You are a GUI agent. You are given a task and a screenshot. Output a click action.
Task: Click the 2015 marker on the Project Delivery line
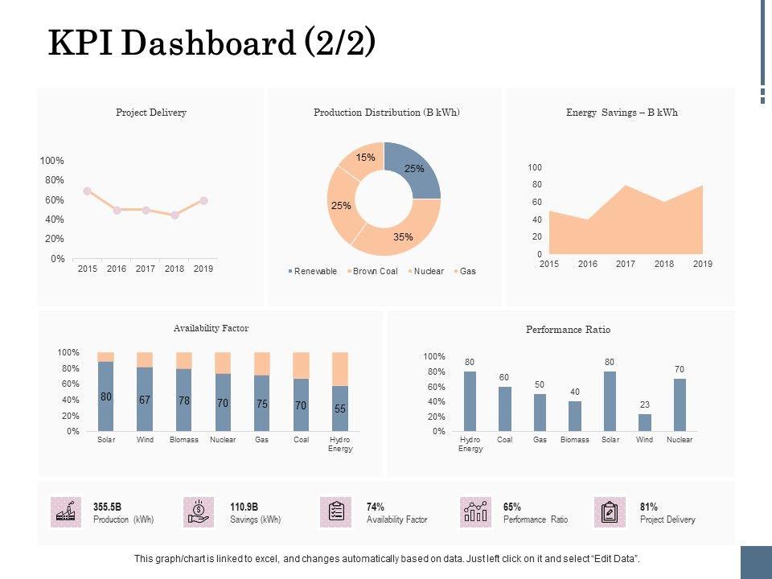[x=87, y=191]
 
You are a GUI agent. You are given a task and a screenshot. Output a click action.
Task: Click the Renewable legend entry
[x=314, y=271]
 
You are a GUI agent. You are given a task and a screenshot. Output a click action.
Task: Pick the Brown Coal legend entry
[x=375, y=271]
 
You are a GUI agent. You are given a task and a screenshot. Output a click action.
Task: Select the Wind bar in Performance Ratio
[x=645, y=423]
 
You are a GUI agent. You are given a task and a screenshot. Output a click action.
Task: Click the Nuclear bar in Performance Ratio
[x=680, y=405]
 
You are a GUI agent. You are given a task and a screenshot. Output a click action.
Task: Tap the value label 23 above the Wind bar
[x=645, y=405]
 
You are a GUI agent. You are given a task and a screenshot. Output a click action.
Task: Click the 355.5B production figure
[x=107, y=507]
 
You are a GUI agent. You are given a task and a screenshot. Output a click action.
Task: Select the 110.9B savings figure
[x=244, y=507]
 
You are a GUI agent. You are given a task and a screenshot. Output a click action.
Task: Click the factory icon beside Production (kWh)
[x=65, y=512]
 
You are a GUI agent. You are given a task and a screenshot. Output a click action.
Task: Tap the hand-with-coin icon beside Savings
[x=198, y=512]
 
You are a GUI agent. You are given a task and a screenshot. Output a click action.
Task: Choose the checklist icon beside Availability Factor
[x=336, y=512]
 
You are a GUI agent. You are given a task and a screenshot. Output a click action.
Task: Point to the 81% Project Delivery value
[x=649, y=507]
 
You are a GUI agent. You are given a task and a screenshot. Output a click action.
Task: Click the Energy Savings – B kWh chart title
[x=622, y=113]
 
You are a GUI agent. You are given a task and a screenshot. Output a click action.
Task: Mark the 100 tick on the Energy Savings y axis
[x=535, y=167]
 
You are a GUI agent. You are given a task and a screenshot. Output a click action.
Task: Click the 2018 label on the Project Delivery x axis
[x=175, y=269]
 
